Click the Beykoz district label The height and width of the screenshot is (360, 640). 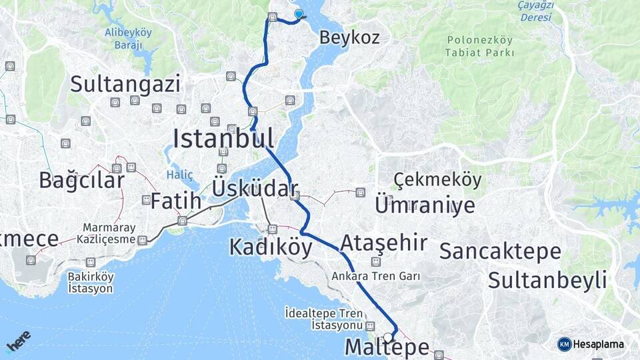[x=349, y=37]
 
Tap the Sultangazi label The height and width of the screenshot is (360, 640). [x=125, y=85]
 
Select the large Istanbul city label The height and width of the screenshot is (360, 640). [x=223, y=139]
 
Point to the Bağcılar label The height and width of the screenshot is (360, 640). [x=81, y=181]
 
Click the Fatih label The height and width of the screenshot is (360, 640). [x=175, y=200]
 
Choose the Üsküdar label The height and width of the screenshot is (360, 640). [x=255, y=188]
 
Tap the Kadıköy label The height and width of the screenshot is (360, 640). [x=270, y=247]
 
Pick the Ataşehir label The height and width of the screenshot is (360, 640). [x=383, y=243]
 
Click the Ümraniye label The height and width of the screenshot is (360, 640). [x=425, y=205]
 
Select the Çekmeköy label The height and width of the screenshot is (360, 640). [x=437, y=180]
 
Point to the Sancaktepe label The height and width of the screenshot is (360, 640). [x=500, y=251]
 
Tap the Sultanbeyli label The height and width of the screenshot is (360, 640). [x=547, y=279]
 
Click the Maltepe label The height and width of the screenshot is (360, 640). [x=387, y=348]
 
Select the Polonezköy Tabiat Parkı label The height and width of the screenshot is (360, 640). [x=480, y=46]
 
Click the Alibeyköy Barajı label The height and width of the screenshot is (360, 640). [x=128, y=38]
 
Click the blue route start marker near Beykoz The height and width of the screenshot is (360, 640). [x=298, y=14]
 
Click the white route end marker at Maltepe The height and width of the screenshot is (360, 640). [x=388, y=337]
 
